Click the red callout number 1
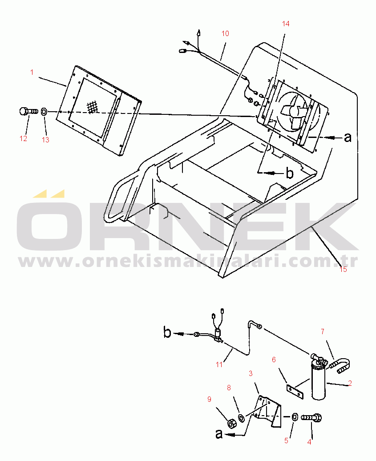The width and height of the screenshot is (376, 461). [x=32, y=72]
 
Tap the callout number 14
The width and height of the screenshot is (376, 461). [x=286, y=24]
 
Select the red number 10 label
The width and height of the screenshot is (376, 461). [x=225, y=34]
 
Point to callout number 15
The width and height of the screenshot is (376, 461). [x=343, y=269]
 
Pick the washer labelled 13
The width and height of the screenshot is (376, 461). [x=44, y=112]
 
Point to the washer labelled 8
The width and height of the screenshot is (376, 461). [x=242, y=418]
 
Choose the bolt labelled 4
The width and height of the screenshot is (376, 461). [x=311, y=417]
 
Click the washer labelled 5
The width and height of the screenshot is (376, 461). [x=294, y=417]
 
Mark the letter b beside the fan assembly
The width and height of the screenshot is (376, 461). [x=290, y=173]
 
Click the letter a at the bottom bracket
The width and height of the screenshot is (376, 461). [x=219, y=434]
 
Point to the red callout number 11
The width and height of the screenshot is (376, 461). [x=219, y=365]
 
